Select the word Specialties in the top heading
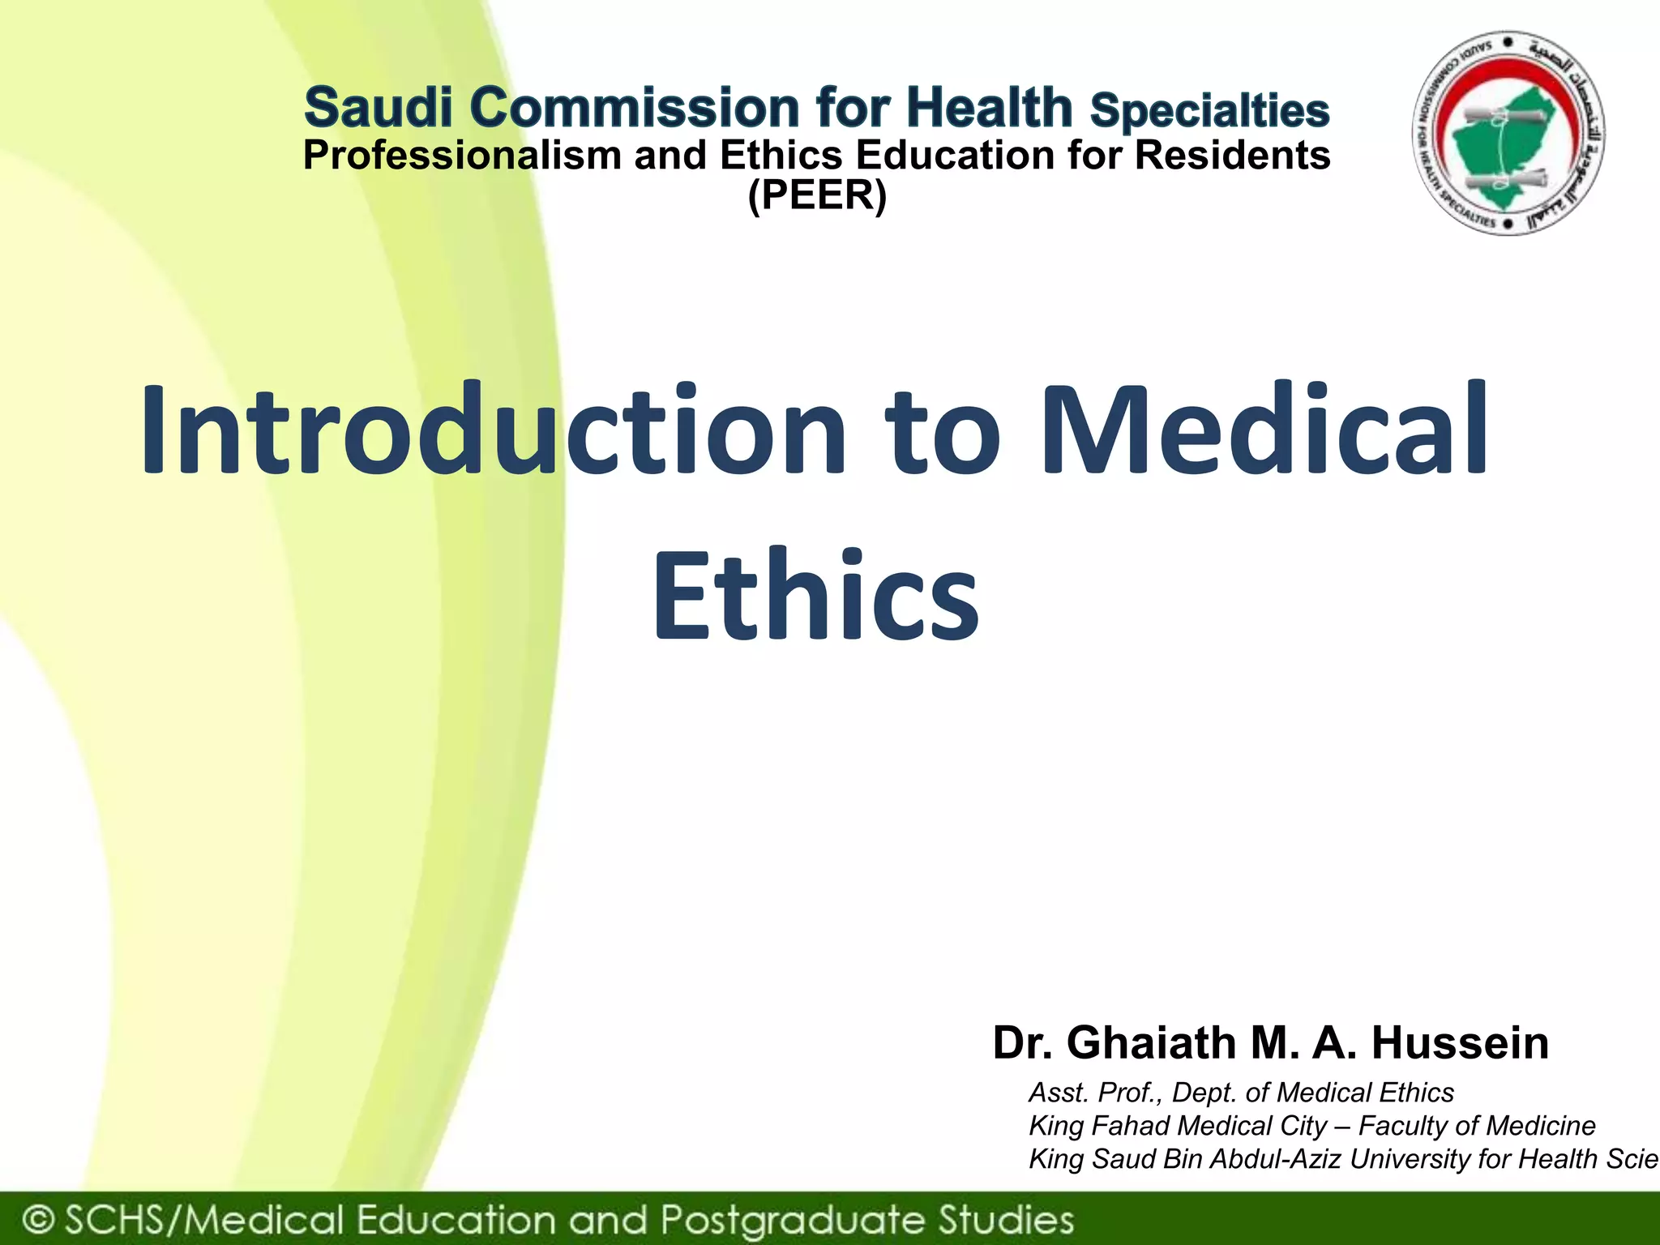[1209, 111]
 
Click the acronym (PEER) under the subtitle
[817, 195]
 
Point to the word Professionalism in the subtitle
[462, 156]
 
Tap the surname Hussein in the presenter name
[1460, 1043]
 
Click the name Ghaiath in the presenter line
[1151, 1043]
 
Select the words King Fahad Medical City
[1177, 1126]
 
